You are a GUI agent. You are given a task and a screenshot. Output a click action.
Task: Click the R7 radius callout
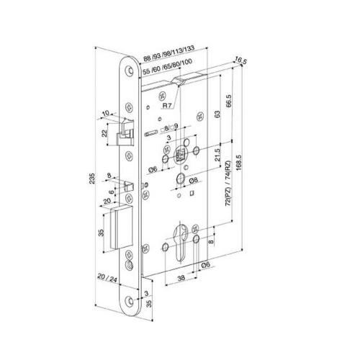[167, 105]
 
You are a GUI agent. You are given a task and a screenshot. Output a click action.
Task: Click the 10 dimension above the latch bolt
[106, 113]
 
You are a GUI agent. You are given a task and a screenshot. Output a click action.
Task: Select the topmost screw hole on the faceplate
[128, 71]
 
